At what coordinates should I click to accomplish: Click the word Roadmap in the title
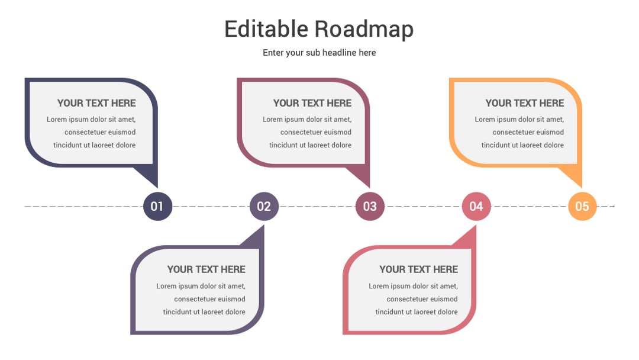pyautogui.click(x=364, y=30)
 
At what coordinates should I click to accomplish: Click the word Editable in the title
pyautogui.click(x=266, y=29)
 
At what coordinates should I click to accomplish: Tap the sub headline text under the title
pyautogui.click(x=319, y=53)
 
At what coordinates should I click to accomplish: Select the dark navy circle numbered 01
pyautogui.click(x=158, y=206)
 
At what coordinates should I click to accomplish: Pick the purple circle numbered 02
pyautogui.click(x=264, y=206)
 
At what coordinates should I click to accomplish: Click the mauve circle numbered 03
pyautogui.click(x=370, y=206)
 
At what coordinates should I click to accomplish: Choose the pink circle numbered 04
pyautogui.click(x=476, y=206)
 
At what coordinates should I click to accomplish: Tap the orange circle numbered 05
pyautogui.click(x=582, y=206)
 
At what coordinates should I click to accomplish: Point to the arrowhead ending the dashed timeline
pyautogui.click(x=613, y=206)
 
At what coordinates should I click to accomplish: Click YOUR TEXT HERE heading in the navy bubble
pyautogui.click(x=96, y=103)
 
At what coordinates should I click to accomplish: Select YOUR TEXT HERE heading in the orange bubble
pyautogui.click(x=525, y=103)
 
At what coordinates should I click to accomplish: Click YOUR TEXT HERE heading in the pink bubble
pyautogui.click(x=418, y=269)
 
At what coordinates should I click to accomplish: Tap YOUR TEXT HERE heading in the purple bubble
pyautogui.click(x=206, y=269)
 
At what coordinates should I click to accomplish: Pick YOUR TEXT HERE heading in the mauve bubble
pyautogui.click(x=312, y=103)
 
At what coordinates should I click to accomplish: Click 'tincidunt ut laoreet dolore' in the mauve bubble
pyautogui.click(x=311, y=145)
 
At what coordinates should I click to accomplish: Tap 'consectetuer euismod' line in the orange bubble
pyautogui.click(x=528, y=132)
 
